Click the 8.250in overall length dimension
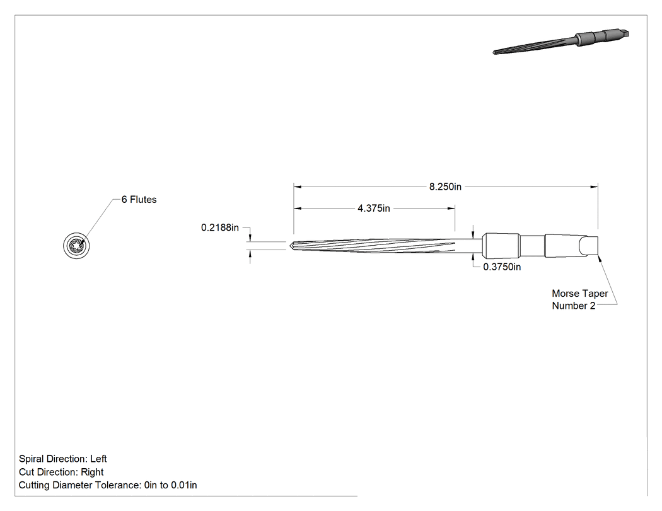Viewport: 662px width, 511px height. click(x=445, y=187)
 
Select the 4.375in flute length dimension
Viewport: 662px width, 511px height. click(x=374, y=208)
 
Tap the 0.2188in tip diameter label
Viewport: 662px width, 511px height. click(x=220, y=228)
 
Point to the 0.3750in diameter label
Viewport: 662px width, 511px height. click(x=502, y=267)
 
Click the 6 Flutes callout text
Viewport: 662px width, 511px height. click(x=139, y=200)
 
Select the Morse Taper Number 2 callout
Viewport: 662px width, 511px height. click(x=579, y=299)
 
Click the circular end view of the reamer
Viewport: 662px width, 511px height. click(x=76, y=246)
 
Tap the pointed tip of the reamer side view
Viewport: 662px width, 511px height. click(x=289, y=245)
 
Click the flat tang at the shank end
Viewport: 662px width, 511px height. click(x=589, y=246)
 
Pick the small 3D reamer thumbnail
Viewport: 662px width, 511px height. click(x=561, y=42)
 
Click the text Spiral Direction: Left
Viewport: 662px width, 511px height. click(x=62, y=459)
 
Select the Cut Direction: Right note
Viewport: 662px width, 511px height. click(x=61, y=472)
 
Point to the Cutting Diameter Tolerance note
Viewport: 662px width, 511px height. click(x=108, y=485)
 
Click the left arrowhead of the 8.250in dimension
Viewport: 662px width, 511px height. click(x=297, y=187)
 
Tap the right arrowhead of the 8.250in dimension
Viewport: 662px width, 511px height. click(x=595, y=187)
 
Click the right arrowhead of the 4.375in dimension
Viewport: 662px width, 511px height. click(x=451, y=208)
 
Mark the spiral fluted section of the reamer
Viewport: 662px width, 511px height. click(x=375, y=246)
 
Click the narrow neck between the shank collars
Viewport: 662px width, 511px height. click(x=532, y=246)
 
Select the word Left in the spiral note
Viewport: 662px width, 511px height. click(x=98, y=459)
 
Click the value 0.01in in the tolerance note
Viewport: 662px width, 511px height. click(x=183, y=485)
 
